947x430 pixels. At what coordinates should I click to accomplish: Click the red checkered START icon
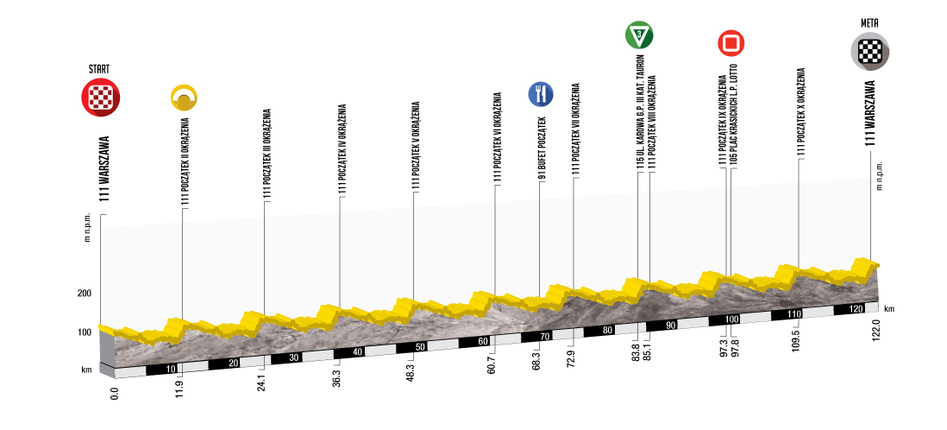pos(101,97)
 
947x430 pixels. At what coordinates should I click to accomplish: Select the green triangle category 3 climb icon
pos(638,35)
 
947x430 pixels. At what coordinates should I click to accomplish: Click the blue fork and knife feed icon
pos(540,93)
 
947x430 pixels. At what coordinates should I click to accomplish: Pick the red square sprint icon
pos(731,43)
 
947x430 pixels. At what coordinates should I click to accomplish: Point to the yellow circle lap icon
pos(185,98)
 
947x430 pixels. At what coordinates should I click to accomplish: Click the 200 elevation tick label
pos(83,294)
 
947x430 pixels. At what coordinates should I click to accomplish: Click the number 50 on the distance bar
pos(420,347)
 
